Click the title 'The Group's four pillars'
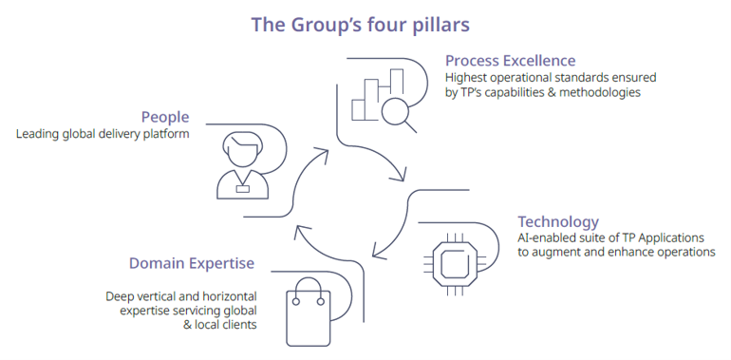tap(360, 24)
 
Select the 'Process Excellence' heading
tap(510, 61)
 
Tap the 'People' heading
tap(165, 117)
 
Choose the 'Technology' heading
tap(558, 221)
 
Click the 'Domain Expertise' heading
tap(192, 262)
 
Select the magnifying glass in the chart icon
tap(396, 113)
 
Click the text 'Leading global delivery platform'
tap(103, 134)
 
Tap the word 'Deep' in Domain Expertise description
tap(122, 295)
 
